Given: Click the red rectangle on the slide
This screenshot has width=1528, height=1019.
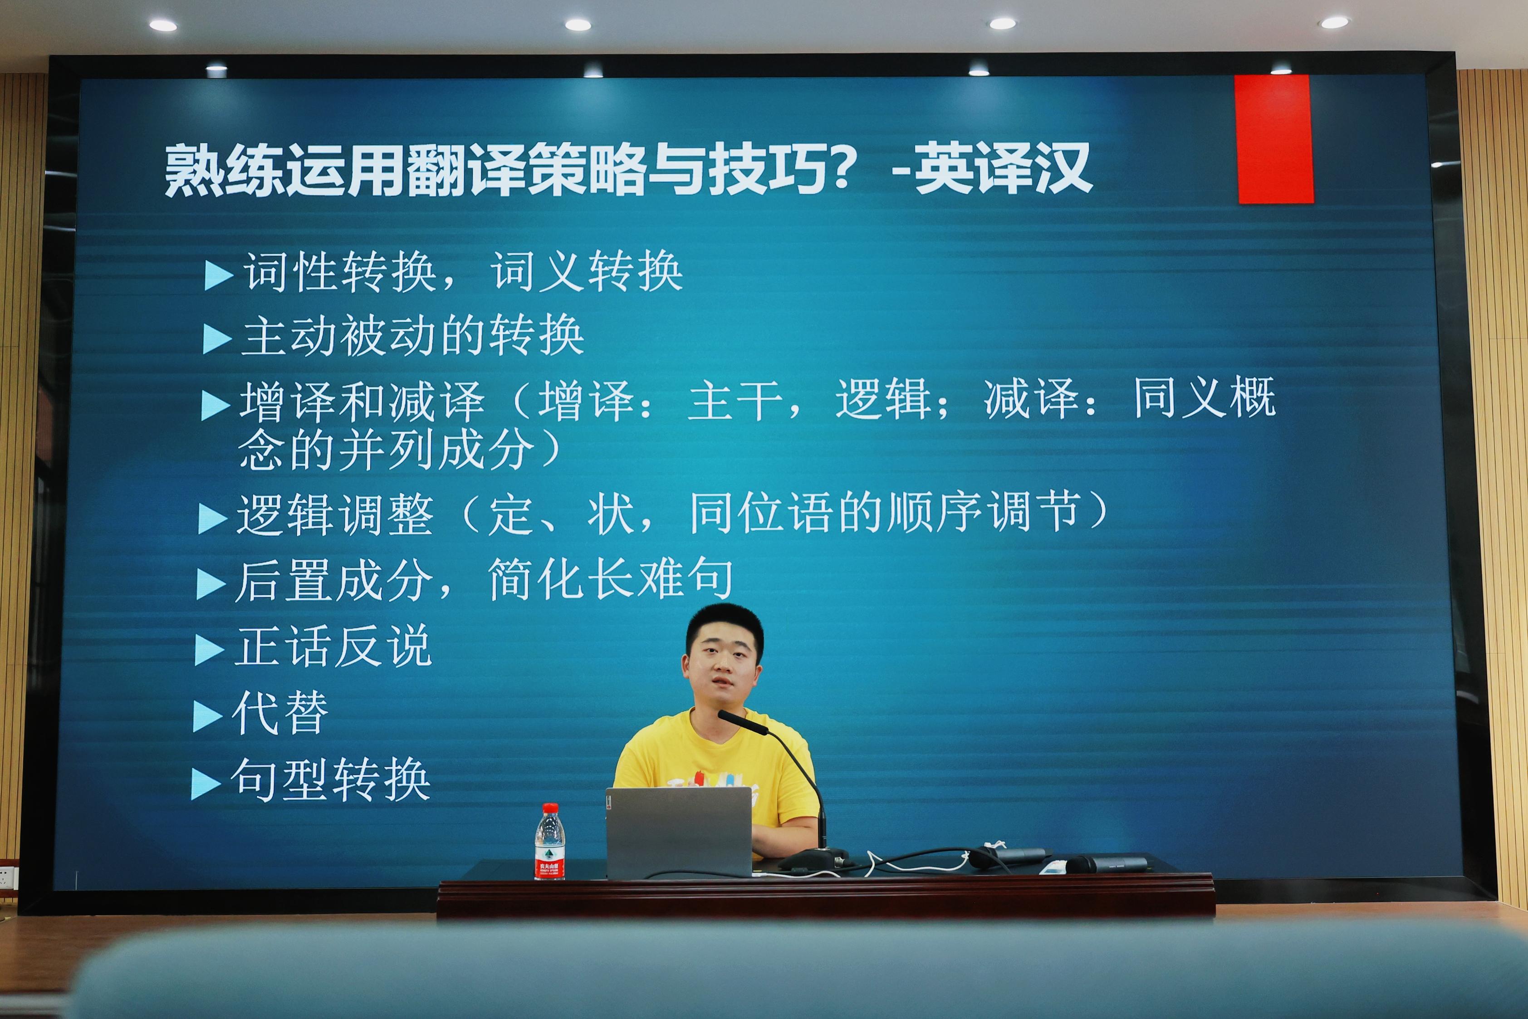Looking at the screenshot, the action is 1273,139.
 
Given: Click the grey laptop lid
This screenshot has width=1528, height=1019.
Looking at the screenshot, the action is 679,833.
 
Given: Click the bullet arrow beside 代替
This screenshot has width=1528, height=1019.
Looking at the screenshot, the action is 208,717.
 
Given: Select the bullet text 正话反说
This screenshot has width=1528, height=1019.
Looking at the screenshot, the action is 333,646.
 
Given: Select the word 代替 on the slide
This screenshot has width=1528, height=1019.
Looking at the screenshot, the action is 280,713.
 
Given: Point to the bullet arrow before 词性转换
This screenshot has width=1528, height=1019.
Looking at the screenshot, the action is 219,275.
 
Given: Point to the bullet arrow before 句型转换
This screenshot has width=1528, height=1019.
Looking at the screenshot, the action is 206,784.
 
